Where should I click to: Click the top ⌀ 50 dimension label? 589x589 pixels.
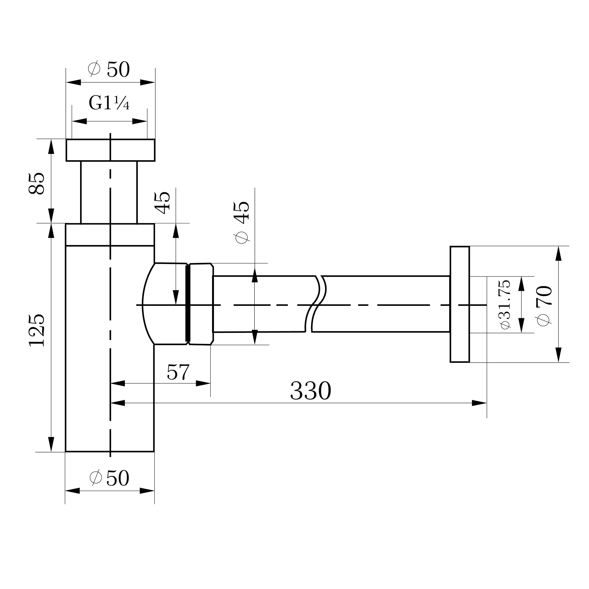click(x=109, y=70)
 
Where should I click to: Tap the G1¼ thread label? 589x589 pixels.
click(x=109, y=103)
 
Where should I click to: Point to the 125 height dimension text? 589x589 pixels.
click(x=37, y=330)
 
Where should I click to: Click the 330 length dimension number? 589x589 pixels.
click(x=310, y=391)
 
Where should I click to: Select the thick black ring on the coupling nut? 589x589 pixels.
click(x=188, y=303)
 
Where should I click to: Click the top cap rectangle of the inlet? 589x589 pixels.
click(x=110, y=150)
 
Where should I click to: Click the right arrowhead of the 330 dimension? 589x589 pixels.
click(x=479, y=403)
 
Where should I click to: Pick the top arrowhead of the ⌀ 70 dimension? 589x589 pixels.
click(x=559, y=254)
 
